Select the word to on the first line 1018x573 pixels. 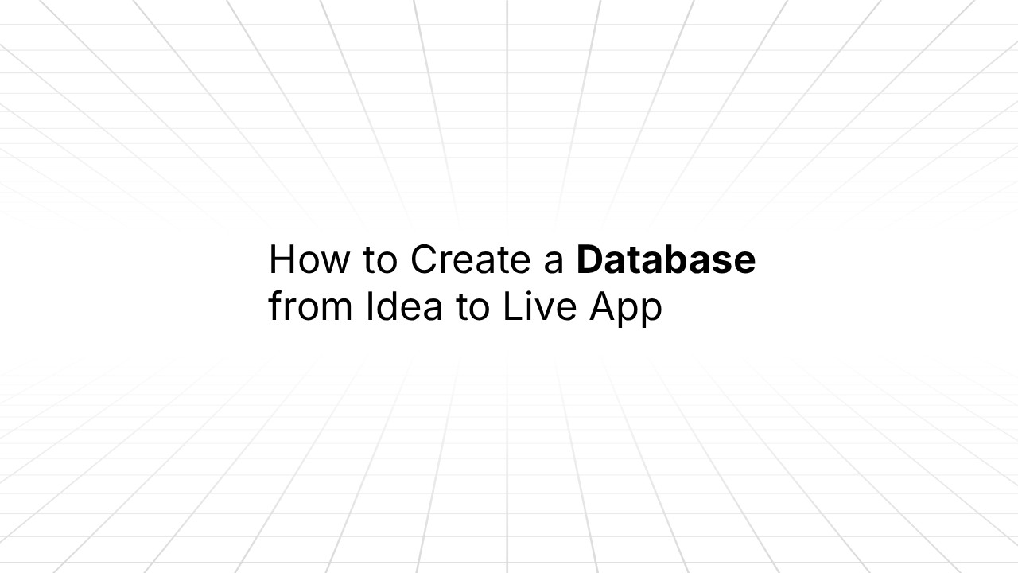tap(379, 259)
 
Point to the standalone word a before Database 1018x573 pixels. tap(554, 263)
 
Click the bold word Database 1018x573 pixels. tap(666, 259)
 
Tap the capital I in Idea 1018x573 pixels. tap(369, 307)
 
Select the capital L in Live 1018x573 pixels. tap(510, 307)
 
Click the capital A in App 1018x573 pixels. tap(603, 307)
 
